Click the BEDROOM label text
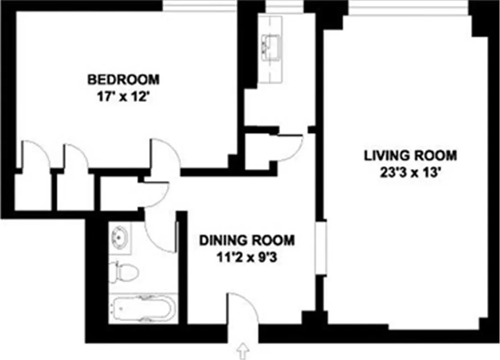point(123,80)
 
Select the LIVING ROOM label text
point(410,156)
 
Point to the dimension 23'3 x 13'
point(410,172)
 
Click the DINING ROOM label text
point(247,240)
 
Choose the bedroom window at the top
point(200,6)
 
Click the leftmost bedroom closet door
point(34,155)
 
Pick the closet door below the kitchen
point(288,146)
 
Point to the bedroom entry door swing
point(164,155)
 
